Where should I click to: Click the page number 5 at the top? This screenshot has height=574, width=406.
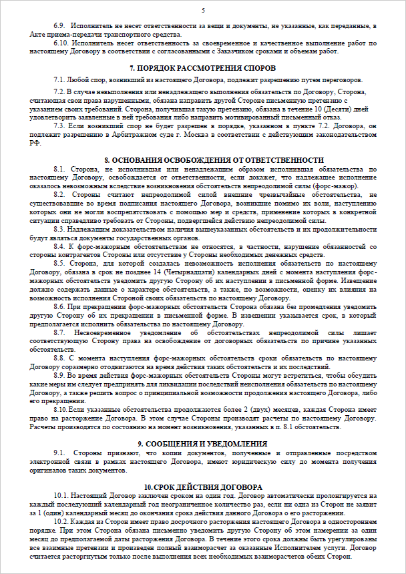203,10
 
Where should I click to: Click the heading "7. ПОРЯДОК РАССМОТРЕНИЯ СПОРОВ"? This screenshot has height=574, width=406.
203,69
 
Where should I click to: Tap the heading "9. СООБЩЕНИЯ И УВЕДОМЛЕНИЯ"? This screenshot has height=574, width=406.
203,444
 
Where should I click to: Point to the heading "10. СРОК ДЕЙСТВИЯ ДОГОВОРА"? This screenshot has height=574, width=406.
203,487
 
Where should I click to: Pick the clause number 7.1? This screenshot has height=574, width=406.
61,79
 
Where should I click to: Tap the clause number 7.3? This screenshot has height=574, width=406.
61,125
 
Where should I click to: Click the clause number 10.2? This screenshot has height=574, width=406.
63,521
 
